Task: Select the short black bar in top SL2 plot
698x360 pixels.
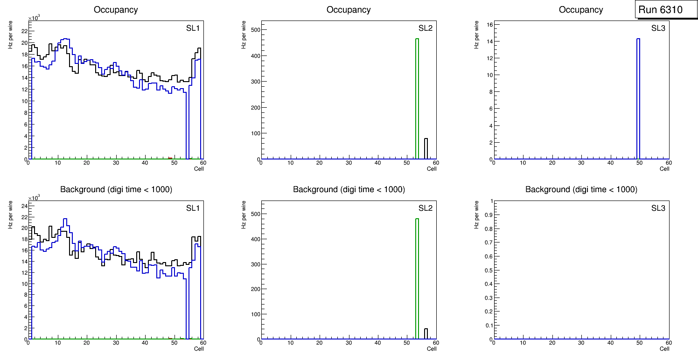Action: click(426, 148)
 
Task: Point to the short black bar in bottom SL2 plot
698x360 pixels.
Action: click(426, 334)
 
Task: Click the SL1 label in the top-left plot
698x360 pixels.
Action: click(193, 28)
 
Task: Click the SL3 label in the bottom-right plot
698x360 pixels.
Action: click(658, 208)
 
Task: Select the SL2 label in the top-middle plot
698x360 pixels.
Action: click(426, 28)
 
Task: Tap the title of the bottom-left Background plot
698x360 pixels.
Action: click(116, 189)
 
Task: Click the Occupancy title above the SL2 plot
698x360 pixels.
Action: click(349, 9)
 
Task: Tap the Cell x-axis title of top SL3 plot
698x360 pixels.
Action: click(664, 169)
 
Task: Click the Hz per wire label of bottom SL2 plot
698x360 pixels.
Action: click(243, 215)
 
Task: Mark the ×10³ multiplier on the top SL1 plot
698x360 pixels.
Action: click(34, 18)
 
